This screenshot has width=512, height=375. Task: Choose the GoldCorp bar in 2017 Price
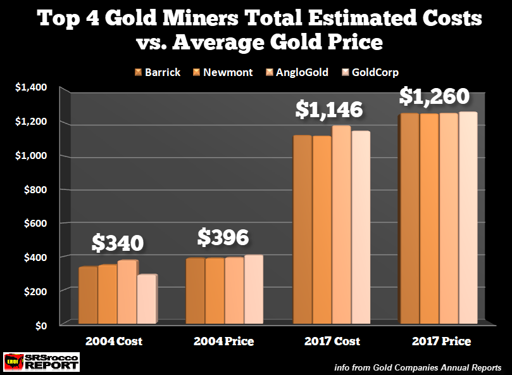468,219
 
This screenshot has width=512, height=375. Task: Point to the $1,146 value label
330,110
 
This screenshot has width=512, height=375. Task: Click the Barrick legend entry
158,72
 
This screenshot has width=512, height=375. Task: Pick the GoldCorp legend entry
373,72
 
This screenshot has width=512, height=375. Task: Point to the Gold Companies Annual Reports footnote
419,367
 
